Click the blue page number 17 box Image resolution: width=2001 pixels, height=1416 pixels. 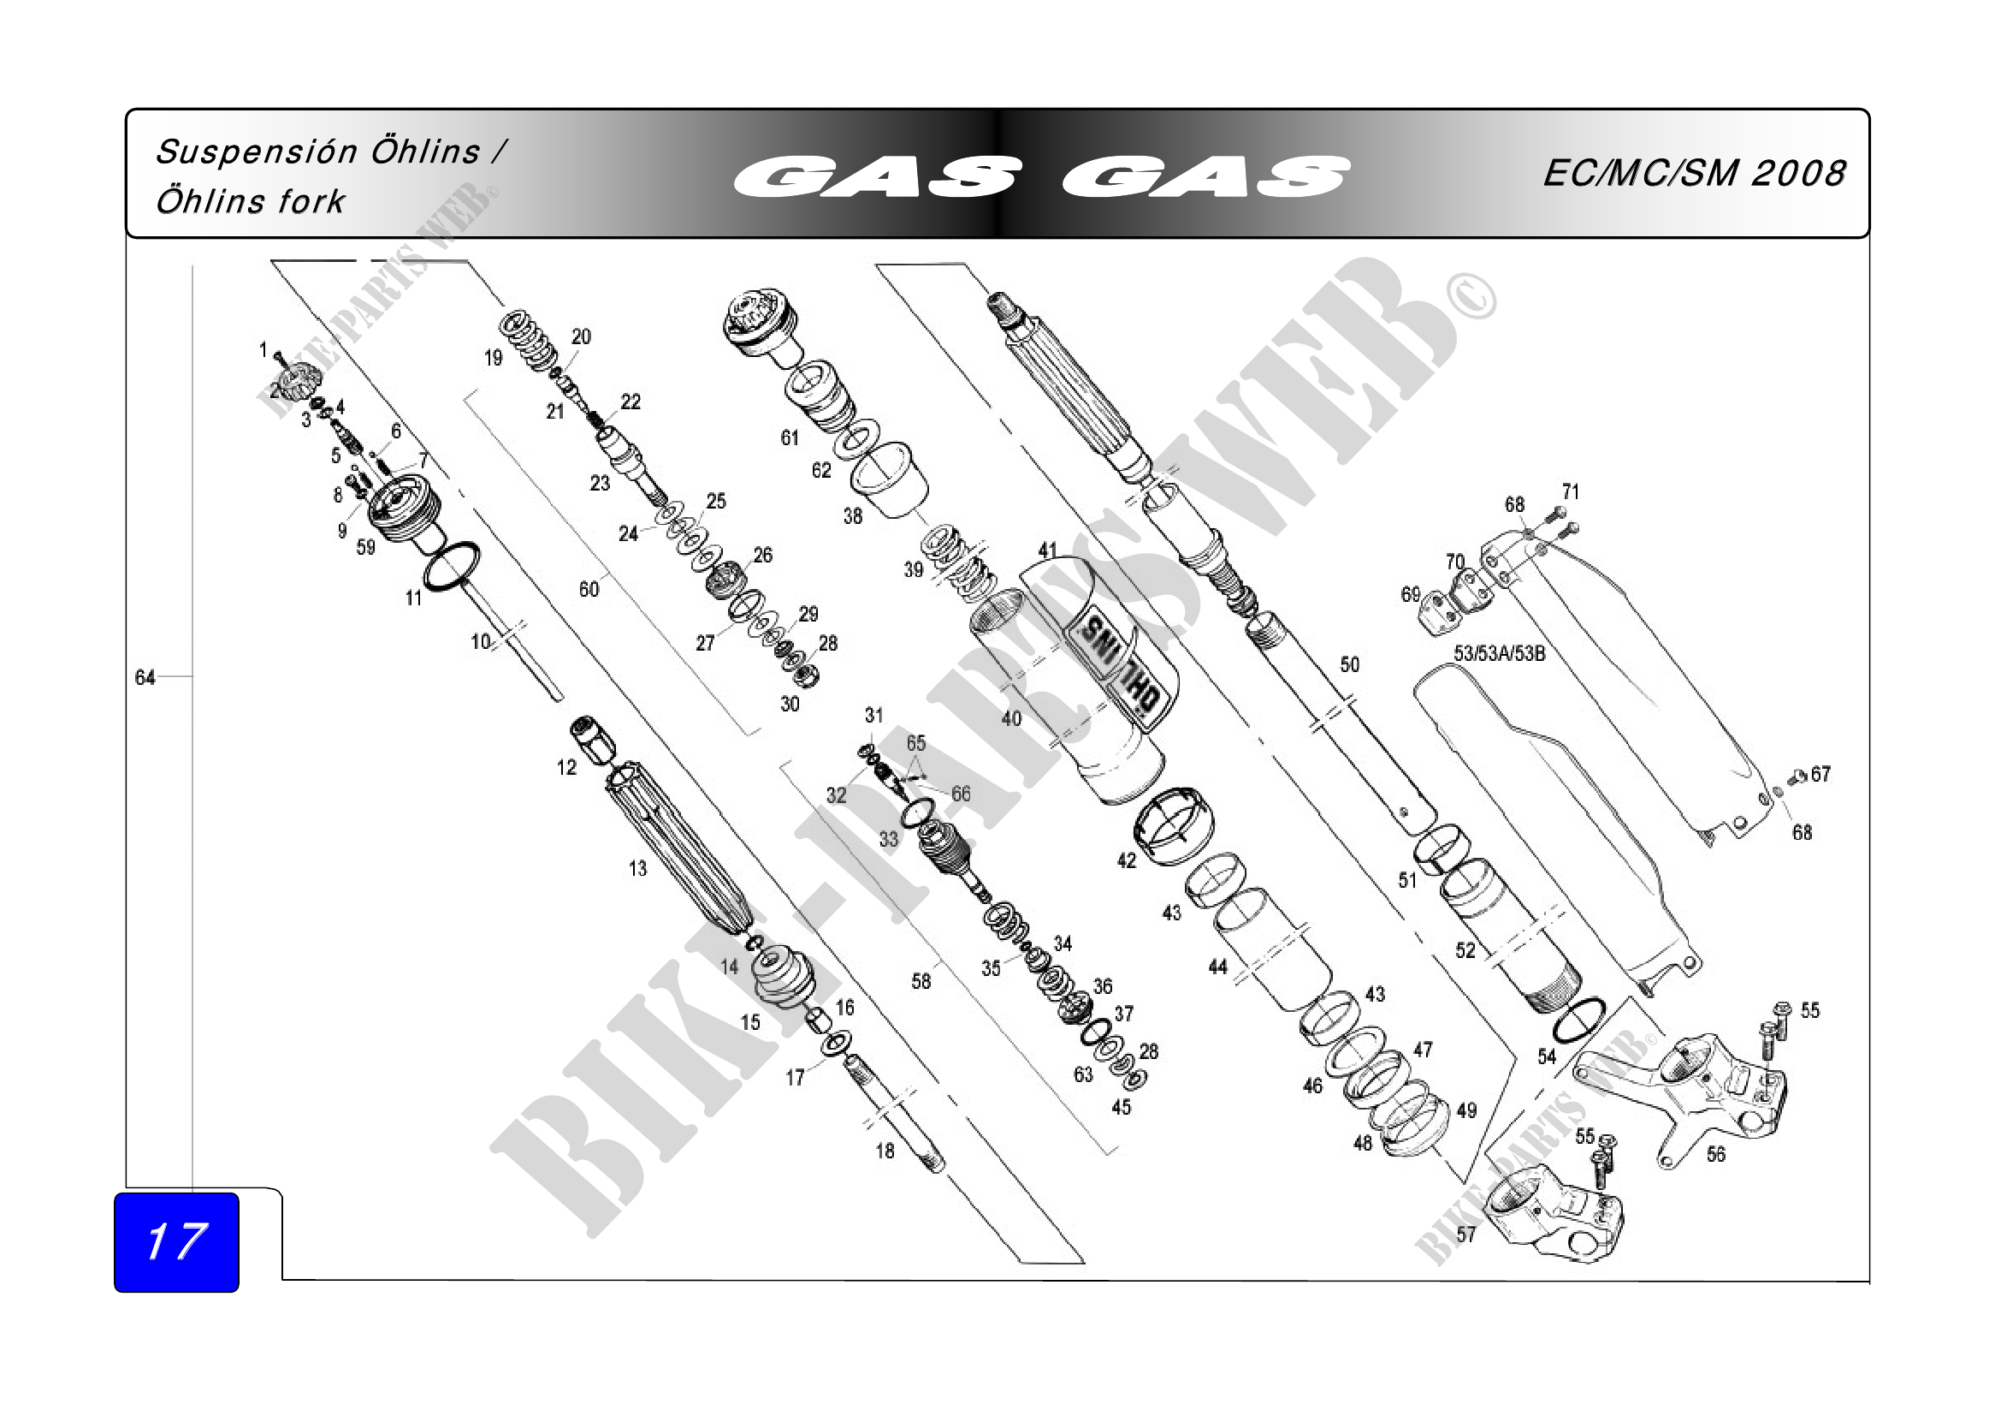[176, 1241]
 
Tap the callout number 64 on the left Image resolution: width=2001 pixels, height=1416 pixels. [145, 677]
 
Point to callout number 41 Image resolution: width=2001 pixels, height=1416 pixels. [1048, 550]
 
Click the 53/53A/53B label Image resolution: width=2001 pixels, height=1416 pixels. [1499, 653]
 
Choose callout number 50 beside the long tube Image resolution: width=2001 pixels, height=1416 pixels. [1349, 665]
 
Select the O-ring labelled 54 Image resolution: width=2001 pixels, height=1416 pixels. [1578, 1019]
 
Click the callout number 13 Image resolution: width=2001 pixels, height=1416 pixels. [638, 868]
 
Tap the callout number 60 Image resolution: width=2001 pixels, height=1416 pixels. [589, 589]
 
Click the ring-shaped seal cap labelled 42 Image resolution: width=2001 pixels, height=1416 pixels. [1173, 824]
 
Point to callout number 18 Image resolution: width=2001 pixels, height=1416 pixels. [885, 1151]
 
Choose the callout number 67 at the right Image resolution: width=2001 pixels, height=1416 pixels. [1820, 773]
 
